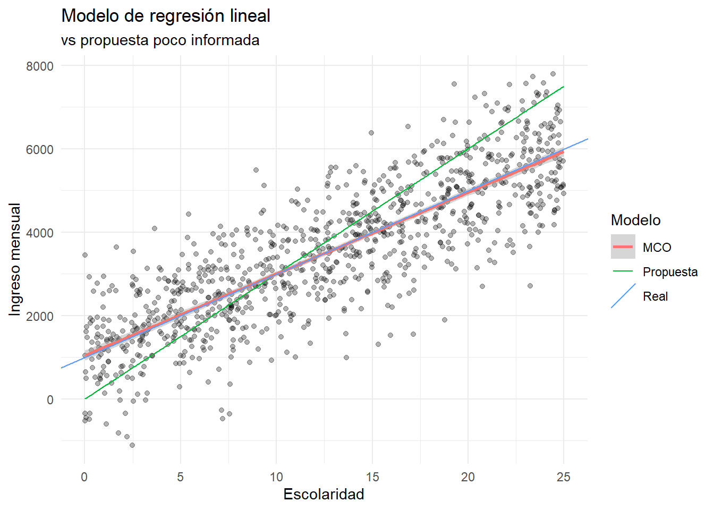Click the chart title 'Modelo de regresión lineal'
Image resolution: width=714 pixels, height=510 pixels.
(x=166, y=16)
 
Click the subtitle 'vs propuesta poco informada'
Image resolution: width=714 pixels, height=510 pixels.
(x=160, y=40)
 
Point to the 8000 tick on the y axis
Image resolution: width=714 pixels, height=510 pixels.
(x=40, y=66)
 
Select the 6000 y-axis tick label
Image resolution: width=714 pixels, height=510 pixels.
(x=40, y=149)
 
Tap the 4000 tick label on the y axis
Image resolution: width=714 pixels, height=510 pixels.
(x=40, y=233)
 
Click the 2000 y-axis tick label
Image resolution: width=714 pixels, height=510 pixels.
(x=40, y=316)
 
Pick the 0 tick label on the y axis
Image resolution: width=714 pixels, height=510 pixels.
(x=50, y=399)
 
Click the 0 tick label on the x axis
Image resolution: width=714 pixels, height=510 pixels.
(x=84, y=477)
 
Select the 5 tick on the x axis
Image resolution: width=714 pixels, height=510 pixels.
(x=180, y=477)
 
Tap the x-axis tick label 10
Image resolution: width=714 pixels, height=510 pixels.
(x=276, y=477)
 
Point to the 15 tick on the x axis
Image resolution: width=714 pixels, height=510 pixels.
(x=372, y=477)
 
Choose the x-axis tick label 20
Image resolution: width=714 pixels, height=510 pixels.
(x=468, y=477)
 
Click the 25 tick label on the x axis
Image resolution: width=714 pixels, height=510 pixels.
(x=564, y=477)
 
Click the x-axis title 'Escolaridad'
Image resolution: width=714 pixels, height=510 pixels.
(x=324, y=494)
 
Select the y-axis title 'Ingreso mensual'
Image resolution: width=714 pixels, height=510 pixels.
(x=15, y=259)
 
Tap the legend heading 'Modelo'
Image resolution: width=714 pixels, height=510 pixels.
(x=635, y=220)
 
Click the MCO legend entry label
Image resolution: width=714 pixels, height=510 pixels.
(x=657, y=248)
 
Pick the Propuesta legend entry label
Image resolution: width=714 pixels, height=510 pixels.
(x=670, y=272)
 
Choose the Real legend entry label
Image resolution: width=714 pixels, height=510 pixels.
(x=655, y=296)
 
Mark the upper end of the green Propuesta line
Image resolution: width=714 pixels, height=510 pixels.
(x=563, y=87)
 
